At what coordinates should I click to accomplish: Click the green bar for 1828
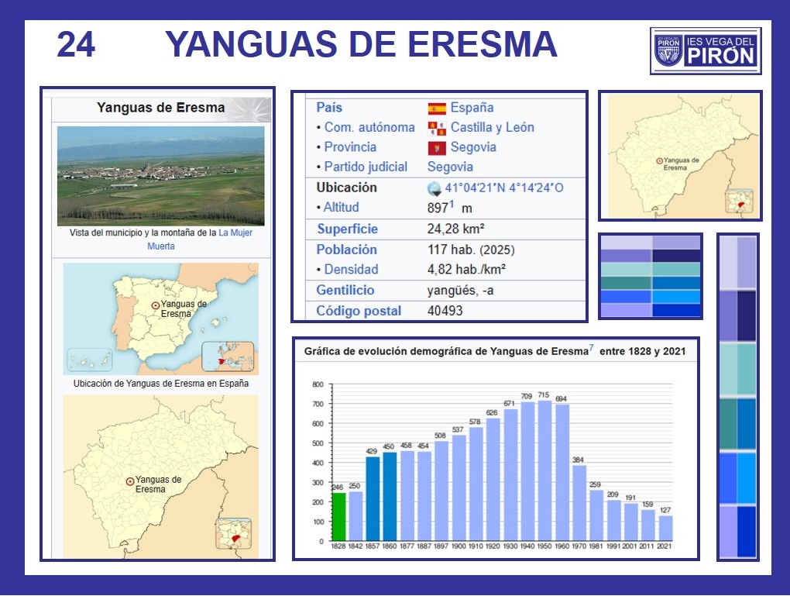338,516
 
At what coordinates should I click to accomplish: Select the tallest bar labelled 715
544,470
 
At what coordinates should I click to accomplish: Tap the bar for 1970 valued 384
579,503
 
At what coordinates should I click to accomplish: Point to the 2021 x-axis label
665,546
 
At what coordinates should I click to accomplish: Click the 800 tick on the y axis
318,384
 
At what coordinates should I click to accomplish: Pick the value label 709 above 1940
527,396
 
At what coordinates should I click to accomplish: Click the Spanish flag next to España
437,109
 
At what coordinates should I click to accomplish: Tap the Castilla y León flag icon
437,128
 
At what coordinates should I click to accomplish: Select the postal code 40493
445,311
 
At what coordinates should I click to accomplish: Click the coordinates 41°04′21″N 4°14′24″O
504,188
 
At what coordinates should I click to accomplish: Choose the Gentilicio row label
345,290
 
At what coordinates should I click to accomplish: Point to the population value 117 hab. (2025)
471,250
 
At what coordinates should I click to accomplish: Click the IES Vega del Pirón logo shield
668,50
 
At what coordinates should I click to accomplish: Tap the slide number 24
76,44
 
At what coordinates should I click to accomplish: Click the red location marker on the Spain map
156,305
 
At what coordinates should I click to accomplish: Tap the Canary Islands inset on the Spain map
89,360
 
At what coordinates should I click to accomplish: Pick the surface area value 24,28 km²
456,229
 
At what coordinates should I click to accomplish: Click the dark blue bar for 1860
390,496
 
